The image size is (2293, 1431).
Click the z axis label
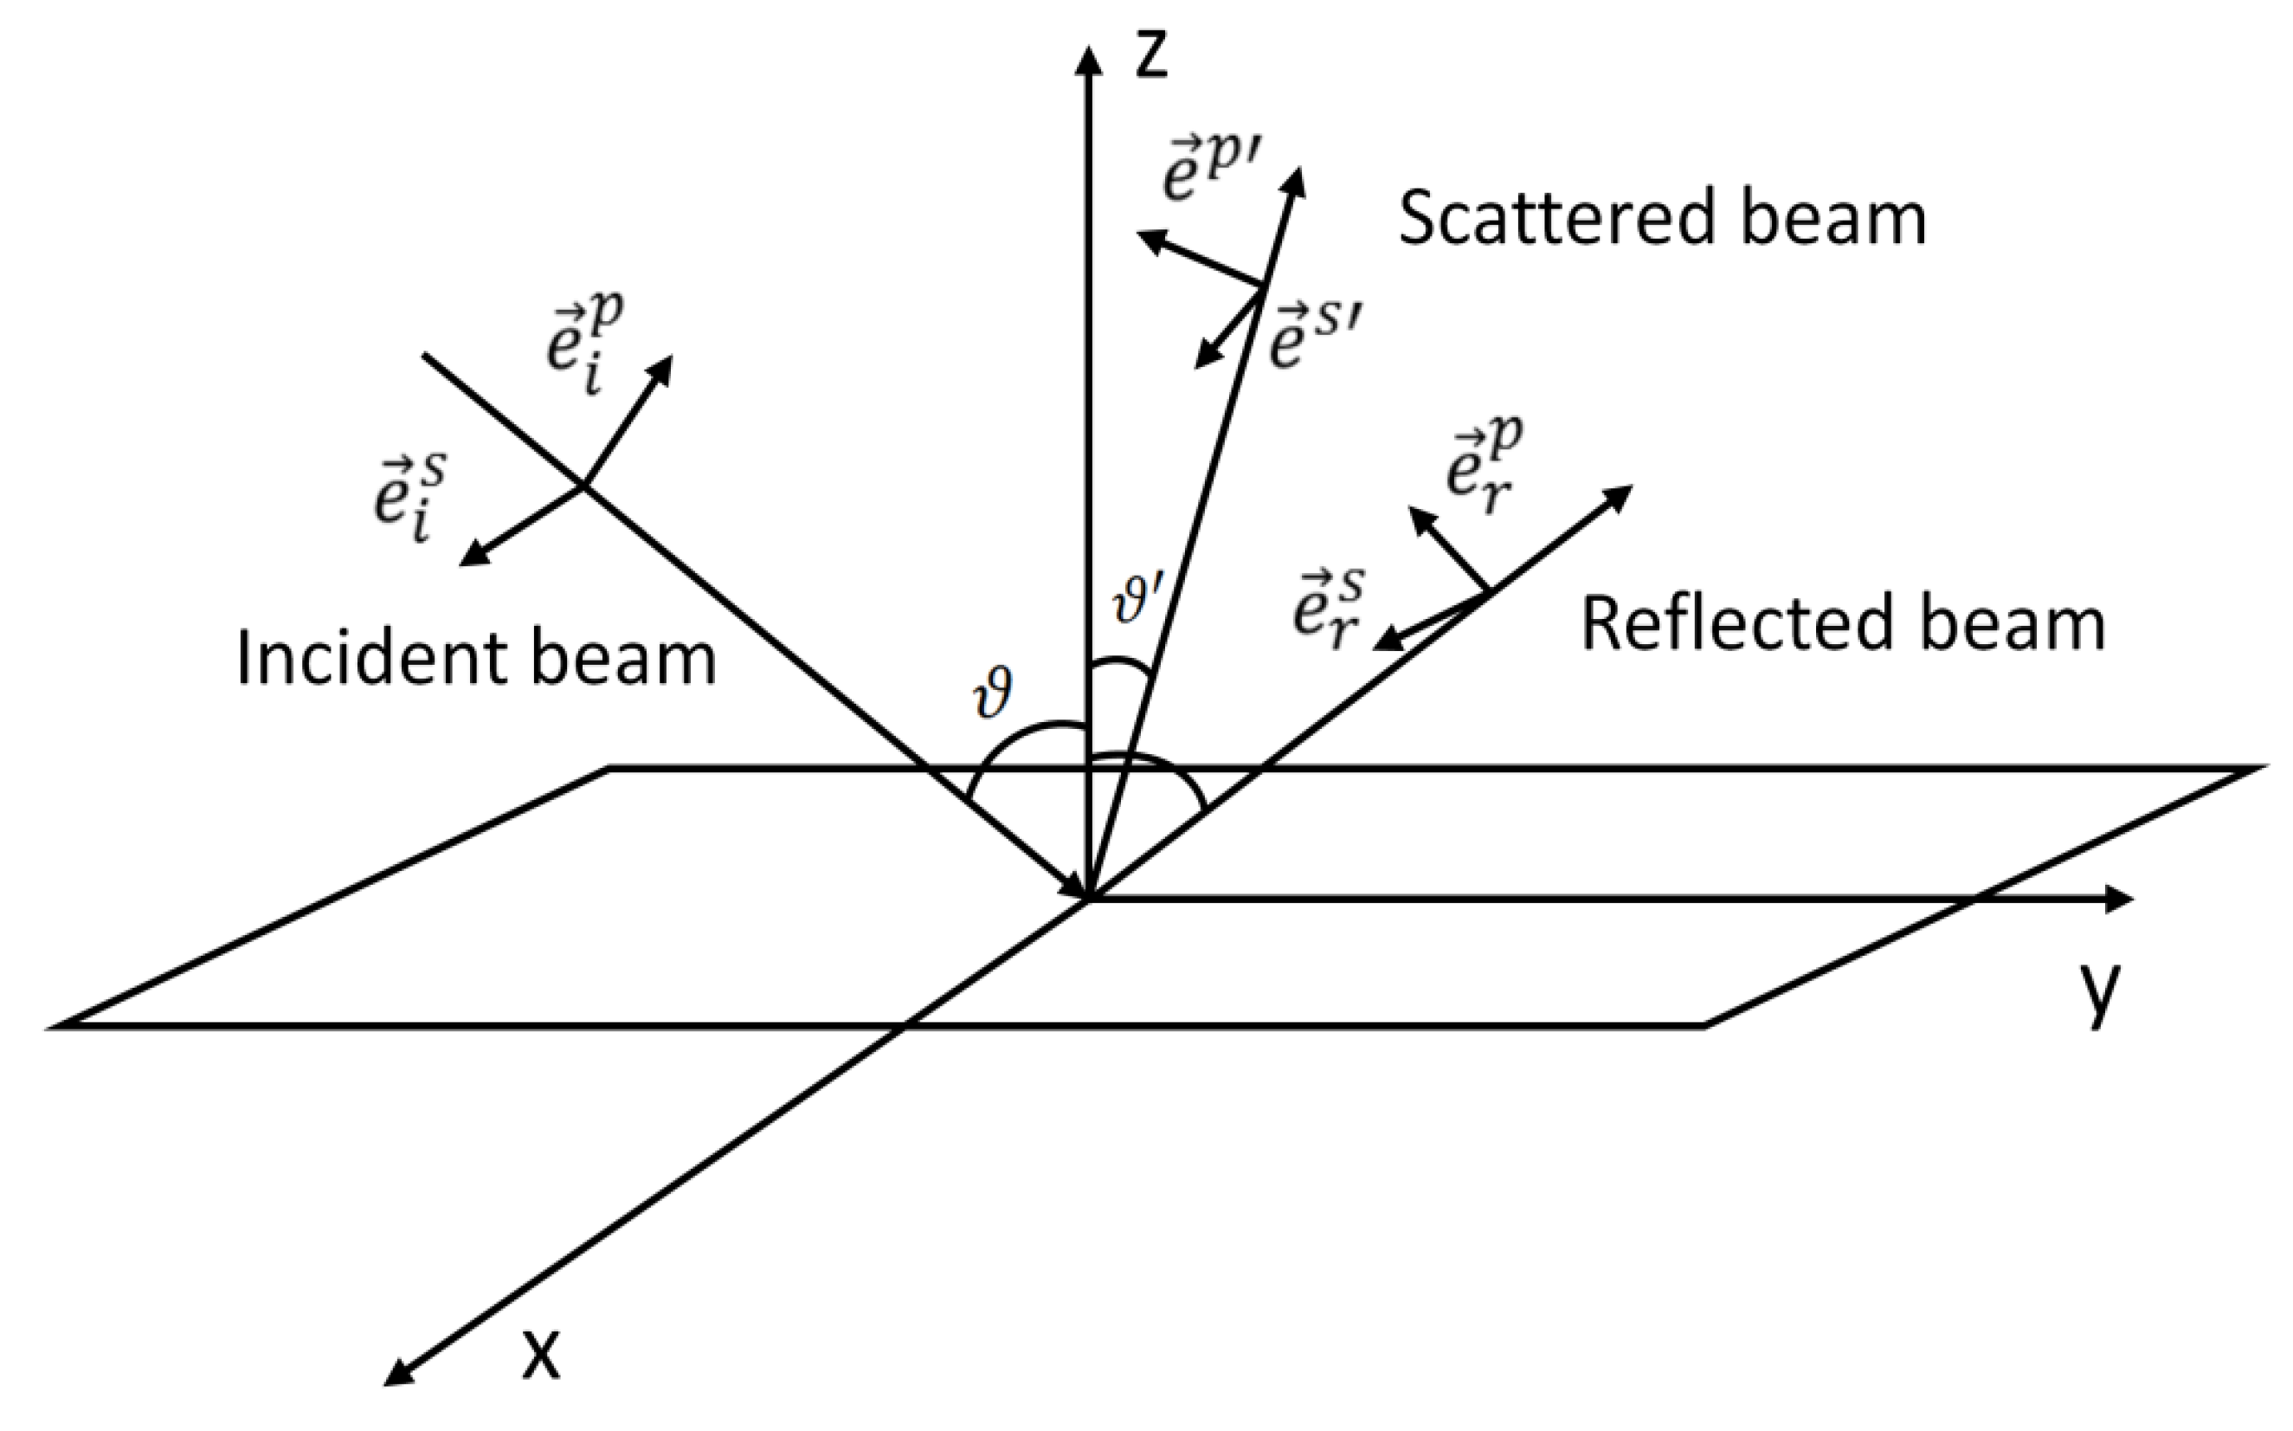[1152, 55]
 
